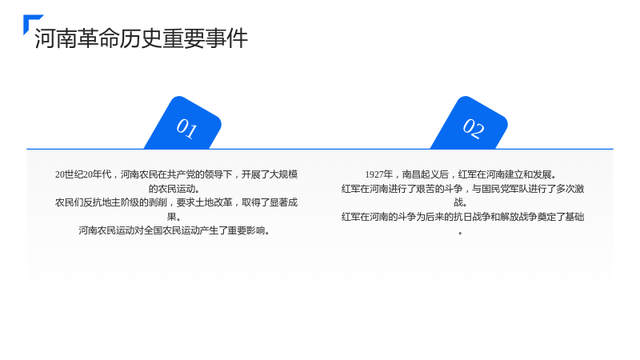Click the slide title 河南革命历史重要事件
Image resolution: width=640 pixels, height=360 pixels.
142,38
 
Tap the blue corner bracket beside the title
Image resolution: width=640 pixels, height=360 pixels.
30,21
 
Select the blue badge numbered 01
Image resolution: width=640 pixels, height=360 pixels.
183,123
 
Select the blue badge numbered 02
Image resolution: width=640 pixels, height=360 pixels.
470,123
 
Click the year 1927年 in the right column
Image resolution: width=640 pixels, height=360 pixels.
378,174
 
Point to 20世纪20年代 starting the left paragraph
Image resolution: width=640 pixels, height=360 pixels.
83,174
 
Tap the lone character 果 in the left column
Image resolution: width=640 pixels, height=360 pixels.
171,217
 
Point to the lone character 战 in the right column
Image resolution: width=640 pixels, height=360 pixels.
458,202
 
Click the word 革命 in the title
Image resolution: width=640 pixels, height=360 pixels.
88,38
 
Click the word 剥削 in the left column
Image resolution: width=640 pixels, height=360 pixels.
158,202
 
